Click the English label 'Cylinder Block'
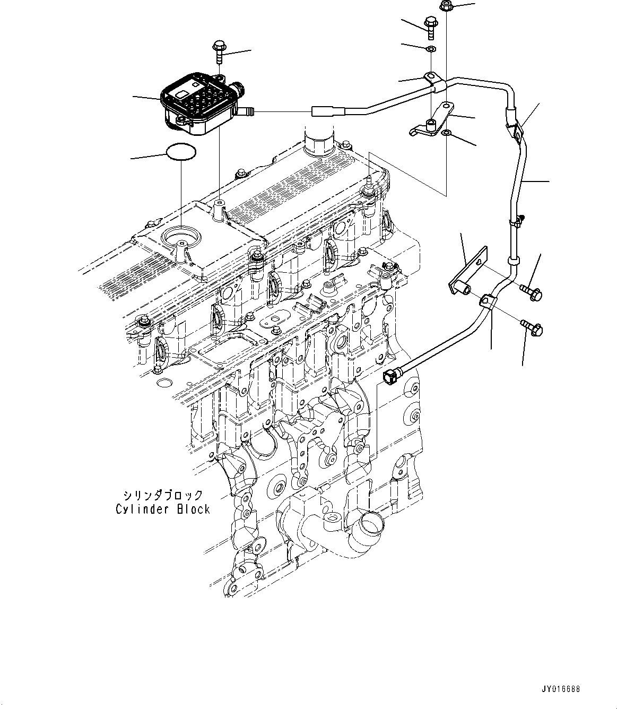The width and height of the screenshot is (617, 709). pos(163,509)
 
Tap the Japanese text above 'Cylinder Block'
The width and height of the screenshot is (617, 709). pos(163,496)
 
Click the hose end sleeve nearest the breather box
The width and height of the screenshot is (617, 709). pos(321,112)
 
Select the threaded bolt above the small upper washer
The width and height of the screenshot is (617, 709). pos(430,27)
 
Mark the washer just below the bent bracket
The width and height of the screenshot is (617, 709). pos(447,132)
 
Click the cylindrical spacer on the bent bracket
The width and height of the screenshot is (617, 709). pos(431,125)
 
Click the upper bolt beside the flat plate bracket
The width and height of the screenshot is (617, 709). pos(529,290)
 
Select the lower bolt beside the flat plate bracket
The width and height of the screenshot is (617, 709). pos(531,327)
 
